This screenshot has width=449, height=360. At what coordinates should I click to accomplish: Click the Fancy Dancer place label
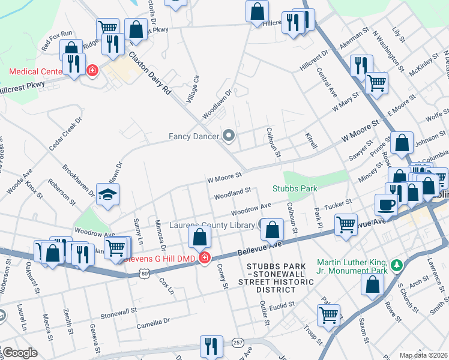(194, 136)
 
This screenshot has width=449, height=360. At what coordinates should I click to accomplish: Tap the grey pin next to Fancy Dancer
(228, 136)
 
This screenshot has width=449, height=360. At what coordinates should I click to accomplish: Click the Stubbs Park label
(295, 188)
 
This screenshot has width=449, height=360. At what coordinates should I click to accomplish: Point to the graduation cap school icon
(108, 195)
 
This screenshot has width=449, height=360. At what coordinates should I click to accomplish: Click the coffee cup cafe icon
(385, 205)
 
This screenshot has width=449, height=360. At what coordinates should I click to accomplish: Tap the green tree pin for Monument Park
(395, 265)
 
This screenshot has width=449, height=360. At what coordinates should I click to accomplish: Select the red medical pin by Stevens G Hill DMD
(205, 257)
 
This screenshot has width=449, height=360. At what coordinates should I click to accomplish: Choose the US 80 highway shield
(144, 274)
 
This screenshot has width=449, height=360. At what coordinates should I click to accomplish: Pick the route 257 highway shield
(238, 342)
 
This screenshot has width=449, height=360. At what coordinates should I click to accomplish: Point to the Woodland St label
(232, 192)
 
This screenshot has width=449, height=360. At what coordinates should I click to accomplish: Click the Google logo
(19, 353)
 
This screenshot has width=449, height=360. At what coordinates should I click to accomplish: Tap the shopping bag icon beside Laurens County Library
(272, 229)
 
